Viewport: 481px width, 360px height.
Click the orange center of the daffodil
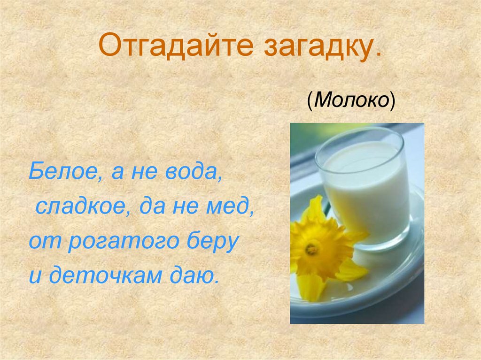(311, 249)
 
